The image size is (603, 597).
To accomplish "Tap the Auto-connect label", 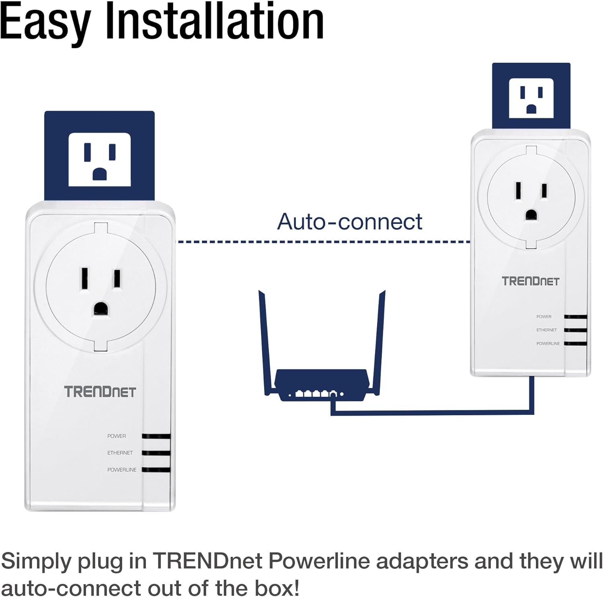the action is (350, 222).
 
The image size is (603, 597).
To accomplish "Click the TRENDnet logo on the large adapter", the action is (100, 392).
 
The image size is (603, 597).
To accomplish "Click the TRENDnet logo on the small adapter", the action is (530, 281).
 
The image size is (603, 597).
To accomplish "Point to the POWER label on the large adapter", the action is (117, 436).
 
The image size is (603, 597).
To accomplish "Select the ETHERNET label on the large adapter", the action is (120, 453).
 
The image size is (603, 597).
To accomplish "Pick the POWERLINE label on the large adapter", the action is (122, 470).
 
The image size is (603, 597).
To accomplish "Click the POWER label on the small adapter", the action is (544, 317).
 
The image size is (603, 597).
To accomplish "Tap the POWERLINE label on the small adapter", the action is (548, 344).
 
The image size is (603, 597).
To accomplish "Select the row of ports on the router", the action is (316, 394).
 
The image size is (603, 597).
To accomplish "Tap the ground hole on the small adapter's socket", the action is (531, 215).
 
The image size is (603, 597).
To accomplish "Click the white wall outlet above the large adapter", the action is (99, 160).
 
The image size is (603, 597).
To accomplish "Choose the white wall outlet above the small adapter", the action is (531, 98).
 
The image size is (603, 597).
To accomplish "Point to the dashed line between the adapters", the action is (324, 242).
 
